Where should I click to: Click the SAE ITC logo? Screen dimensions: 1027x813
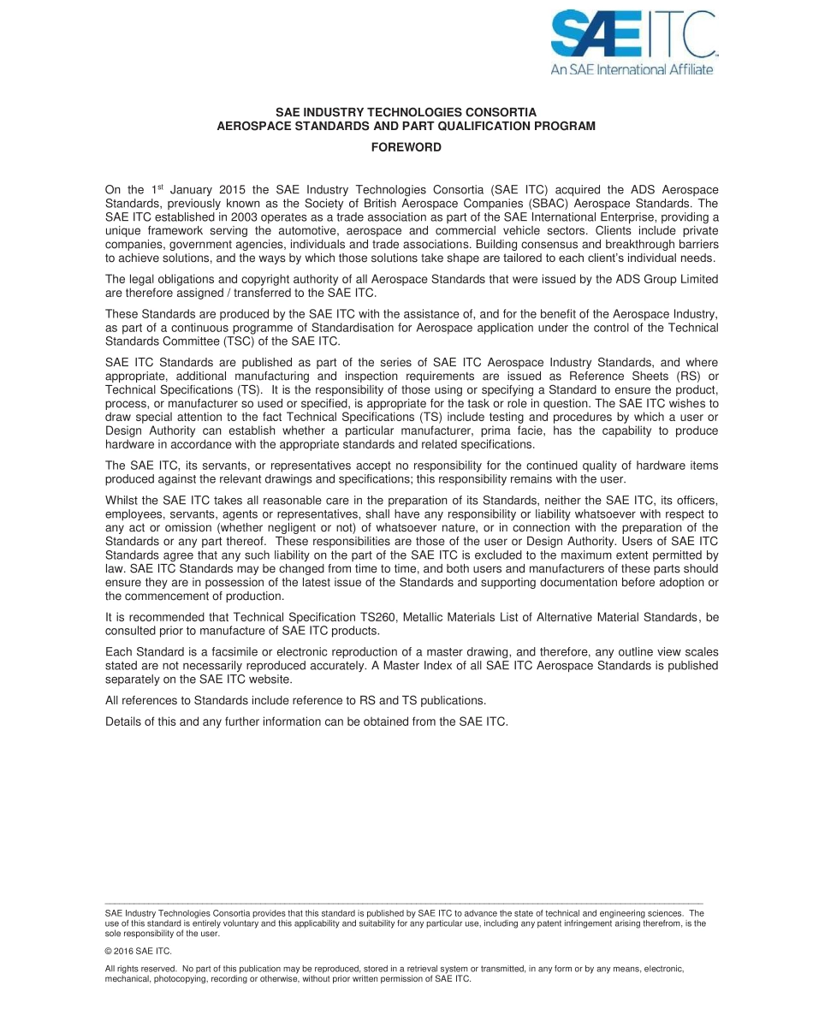coord(632,35)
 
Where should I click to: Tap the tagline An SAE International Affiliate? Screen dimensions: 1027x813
coord(632,69)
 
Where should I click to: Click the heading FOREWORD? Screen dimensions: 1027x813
coord(406,147)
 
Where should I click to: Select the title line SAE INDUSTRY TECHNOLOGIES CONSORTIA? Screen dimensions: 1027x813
coord(406,112)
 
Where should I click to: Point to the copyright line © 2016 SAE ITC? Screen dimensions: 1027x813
coord(138,951)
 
